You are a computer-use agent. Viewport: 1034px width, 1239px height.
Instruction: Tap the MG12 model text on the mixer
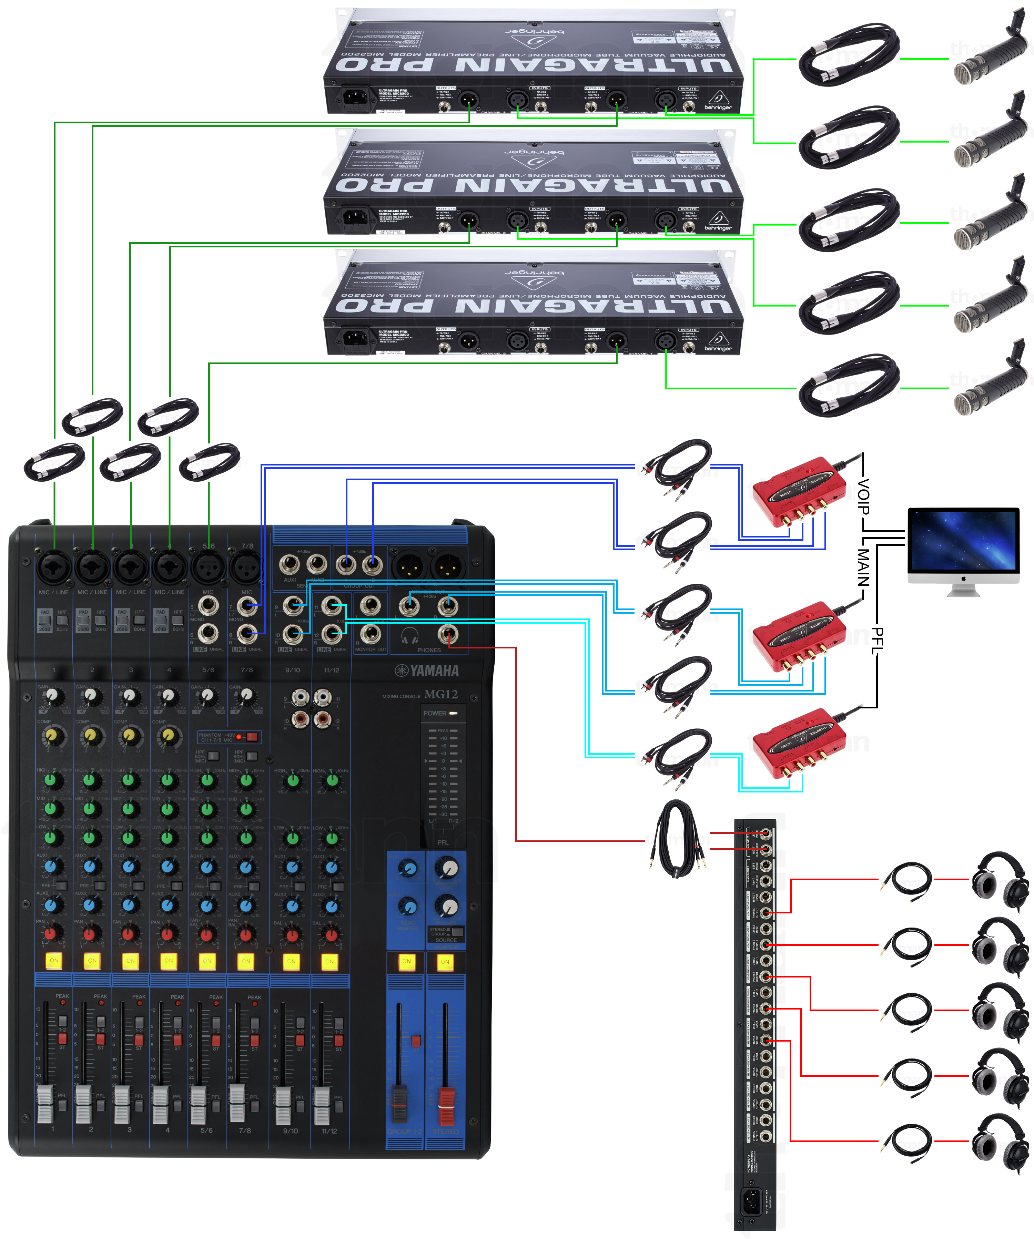[x=441, y=694]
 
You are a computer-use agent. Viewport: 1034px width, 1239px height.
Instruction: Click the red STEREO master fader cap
[x=446, y=1098]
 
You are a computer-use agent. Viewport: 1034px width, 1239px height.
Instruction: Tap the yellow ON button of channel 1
[x=54, y=961]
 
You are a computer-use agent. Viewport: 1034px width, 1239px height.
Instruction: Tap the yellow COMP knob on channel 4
[x=168, y=735]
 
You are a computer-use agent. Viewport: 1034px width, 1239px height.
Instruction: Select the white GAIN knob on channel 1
[x=54, y=696]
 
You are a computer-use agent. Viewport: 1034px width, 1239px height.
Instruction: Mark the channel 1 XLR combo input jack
[x=54, y=566]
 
